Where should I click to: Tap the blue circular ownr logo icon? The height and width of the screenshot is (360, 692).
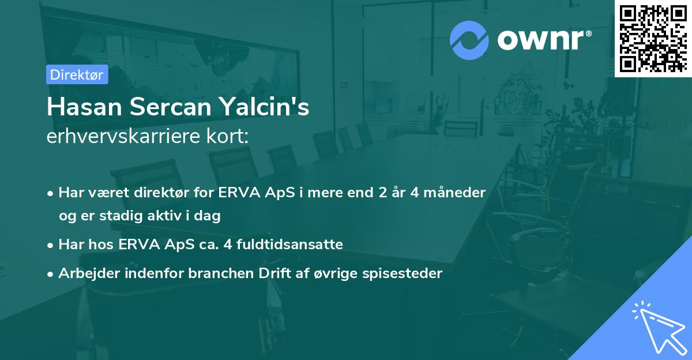[469, 40]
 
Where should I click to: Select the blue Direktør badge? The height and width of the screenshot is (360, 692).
[77, 74]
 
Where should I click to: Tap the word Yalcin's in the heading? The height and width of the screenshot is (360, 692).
[277, 107]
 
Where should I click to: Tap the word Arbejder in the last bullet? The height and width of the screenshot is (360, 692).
[86, 273]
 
